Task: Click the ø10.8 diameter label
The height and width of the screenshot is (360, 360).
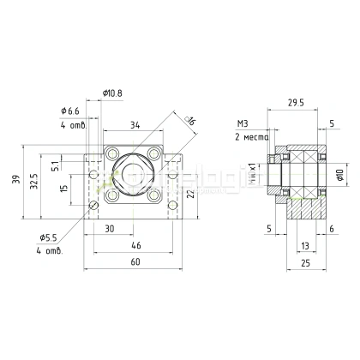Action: point(113,93)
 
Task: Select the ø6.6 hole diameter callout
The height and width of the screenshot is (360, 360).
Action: point(71,111)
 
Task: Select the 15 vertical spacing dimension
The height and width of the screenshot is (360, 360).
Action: point(56,189)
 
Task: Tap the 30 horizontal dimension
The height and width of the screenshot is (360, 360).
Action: point(110,229)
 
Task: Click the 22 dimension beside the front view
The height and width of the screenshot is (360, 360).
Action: point(193,189)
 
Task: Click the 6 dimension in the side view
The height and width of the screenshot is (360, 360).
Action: point(331,229)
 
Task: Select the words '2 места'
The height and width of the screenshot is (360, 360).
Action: point(251,137)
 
